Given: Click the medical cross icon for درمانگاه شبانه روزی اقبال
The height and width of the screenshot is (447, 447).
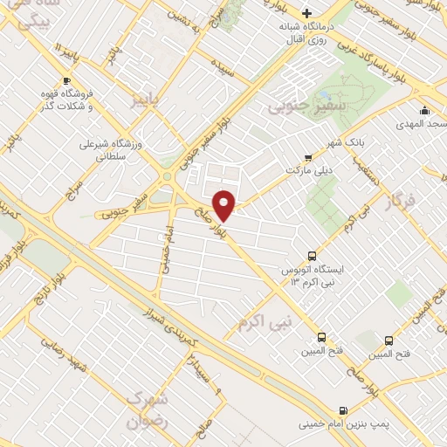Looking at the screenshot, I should tap(306, 13).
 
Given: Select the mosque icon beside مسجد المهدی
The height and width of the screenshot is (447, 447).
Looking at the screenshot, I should tap(424, 110).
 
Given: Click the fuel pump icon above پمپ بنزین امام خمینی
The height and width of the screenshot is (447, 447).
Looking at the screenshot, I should tap(342, 409).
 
